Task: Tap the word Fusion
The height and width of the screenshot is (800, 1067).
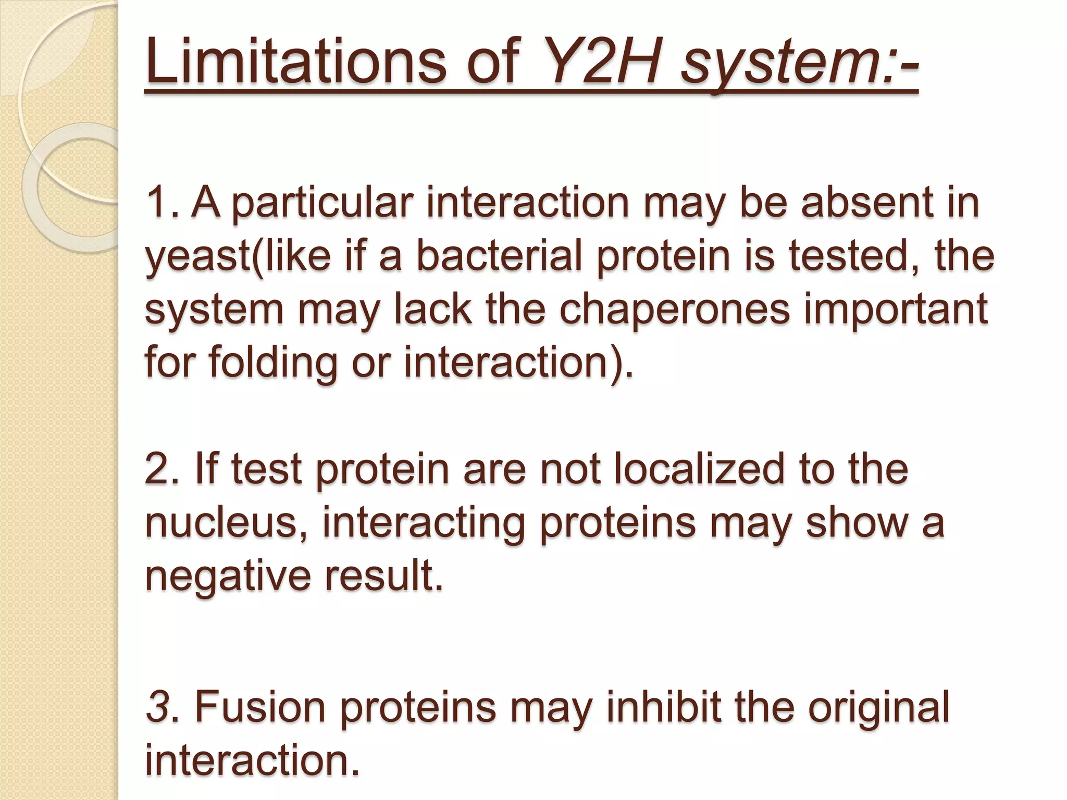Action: [260, 707]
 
